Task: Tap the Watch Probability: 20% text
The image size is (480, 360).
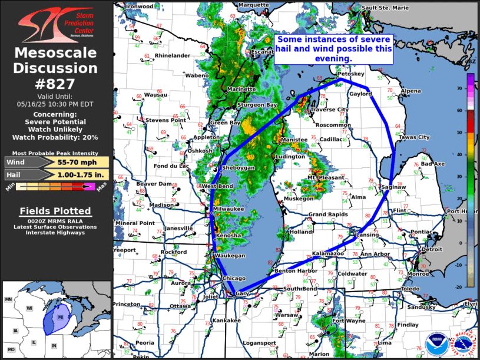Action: tap(57, 137)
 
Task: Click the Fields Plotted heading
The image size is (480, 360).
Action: tap(55, 211)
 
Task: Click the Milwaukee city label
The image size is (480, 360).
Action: tap(228, 209)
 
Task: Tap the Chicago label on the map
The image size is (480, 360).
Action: tap(234, 278)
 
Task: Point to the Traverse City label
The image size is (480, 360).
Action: tap(329, 110)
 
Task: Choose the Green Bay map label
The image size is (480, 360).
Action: tap(225, 123)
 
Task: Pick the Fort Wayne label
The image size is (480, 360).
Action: tap(347, 321)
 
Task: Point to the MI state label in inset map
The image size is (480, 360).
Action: tap(60, 316)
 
